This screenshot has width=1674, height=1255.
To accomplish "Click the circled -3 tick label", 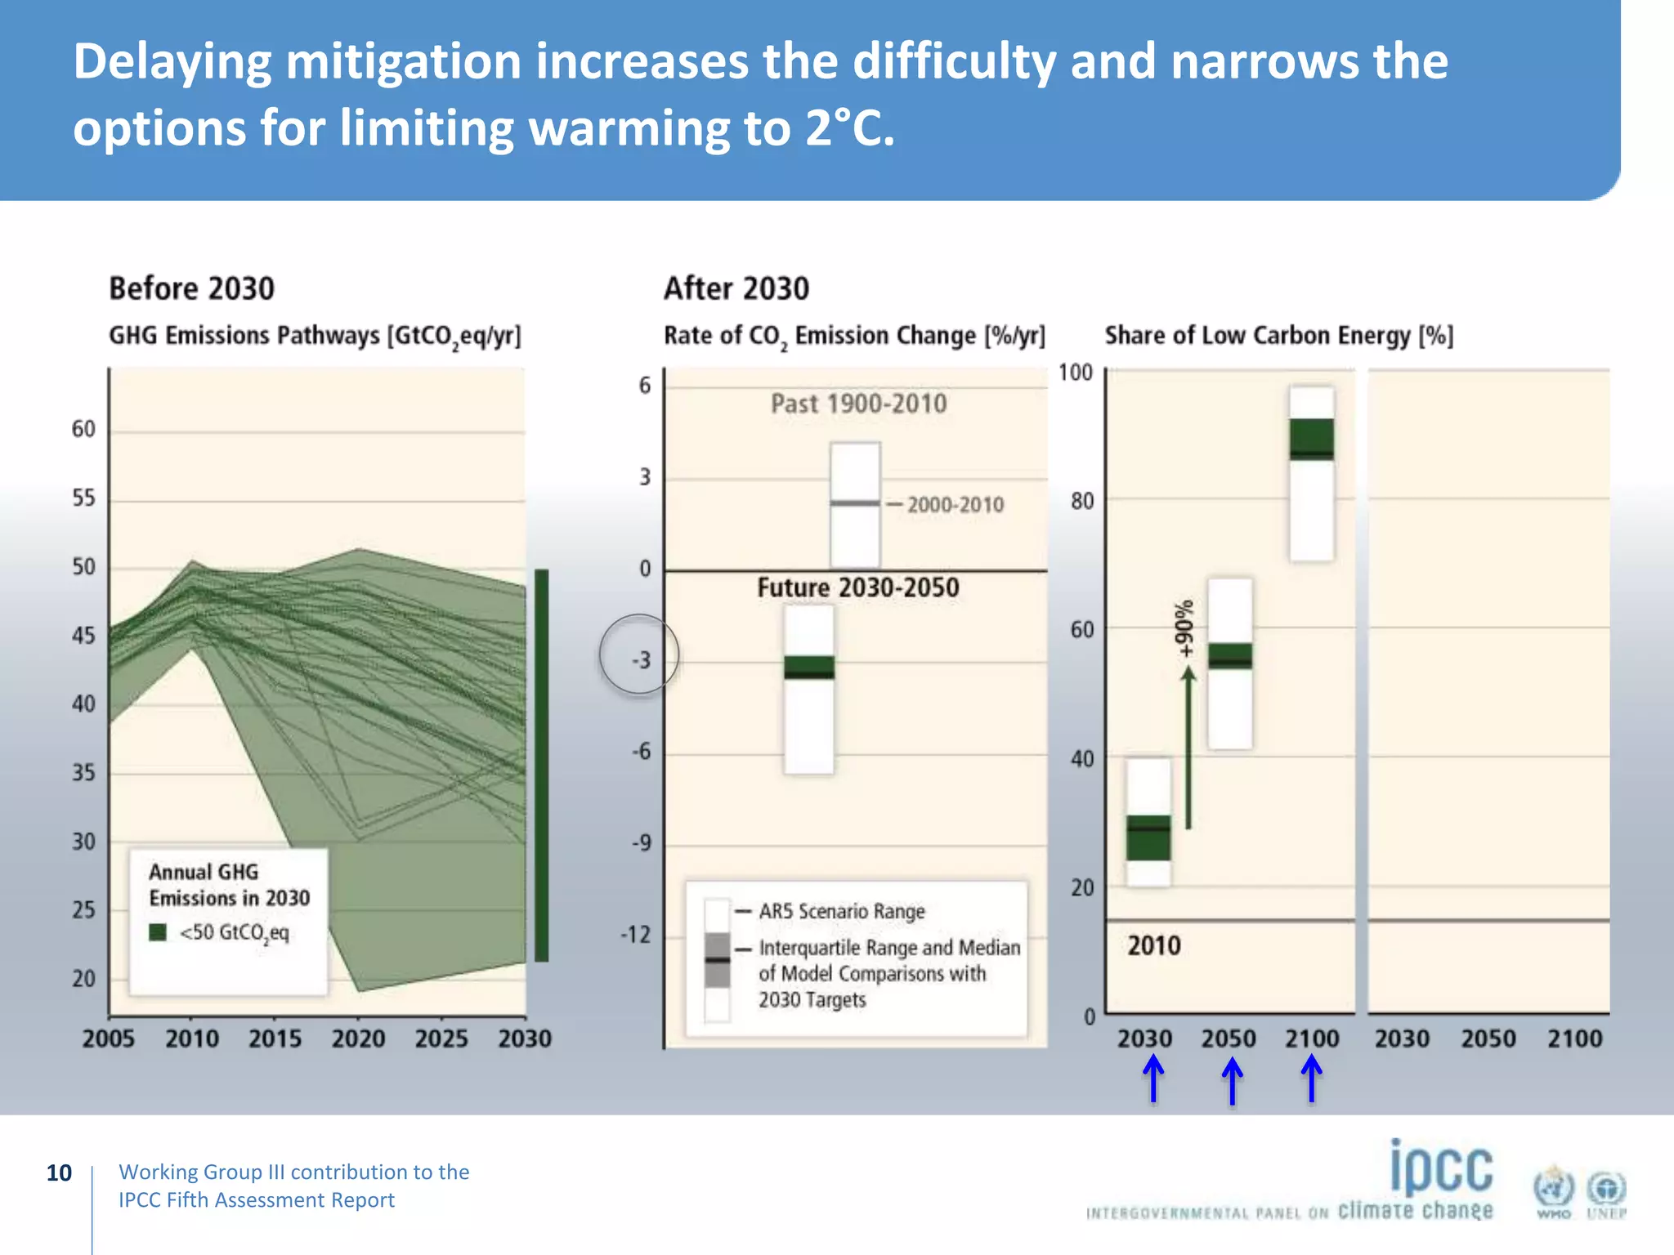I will click(641, 659).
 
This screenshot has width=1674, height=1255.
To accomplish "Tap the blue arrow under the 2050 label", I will click(1232, 1080).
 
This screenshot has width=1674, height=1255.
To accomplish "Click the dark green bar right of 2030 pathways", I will click(541, 764).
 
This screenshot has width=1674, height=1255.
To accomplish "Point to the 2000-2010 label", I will click(955, 504).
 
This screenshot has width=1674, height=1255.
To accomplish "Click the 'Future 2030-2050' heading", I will click(857, 587).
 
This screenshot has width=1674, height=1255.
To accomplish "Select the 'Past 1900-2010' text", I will click(858, 404).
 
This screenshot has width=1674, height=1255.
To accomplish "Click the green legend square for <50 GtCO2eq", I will click(158, 932).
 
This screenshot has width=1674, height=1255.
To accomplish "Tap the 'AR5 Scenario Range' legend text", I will click(841, 911).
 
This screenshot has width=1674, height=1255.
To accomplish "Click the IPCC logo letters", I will click(1441, 1168).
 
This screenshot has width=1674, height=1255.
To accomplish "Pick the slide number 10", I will click(59, 1172).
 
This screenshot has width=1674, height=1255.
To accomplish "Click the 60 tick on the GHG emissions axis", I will click(83, 429).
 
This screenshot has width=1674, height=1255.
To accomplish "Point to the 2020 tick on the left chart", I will click(358, 1038).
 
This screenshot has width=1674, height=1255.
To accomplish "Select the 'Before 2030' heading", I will click(192, 288).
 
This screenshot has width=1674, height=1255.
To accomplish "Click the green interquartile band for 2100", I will click(1311, 439).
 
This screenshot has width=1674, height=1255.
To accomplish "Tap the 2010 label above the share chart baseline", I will click(1153, 945).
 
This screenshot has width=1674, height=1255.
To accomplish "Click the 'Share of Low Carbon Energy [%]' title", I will click(1278, 336).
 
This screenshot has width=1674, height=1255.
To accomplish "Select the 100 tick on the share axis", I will click(1075, 373).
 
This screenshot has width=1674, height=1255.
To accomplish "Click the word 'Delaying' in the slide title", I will click(172, 62).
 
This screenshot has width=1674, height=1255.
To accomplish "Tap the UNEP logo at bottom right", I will click(1606, 1194).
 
